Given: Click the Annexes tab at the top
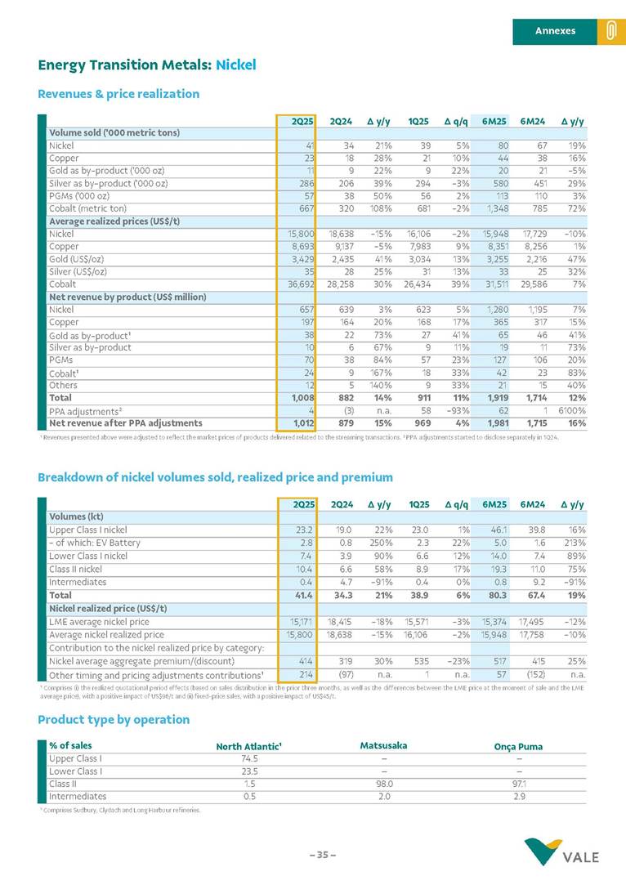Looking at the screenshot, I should [x=555, y=31].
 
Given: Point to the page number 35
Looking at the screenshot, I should [x=322, y=855].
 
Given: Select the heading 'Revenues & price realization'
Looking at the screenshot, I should [x=118, y=94].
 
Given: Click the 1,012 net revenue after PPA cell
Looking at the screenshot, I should [x=298, y=422].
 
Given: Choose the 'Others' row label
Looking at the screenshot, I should [x=64, y=386].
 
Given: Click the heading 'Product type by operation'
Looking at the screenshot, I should [x=114, y=719].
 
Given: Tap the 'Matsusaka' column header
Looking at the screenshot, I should [x=383, y=745].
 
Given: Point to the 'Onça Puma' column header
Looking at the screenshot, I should [x=518, y=746].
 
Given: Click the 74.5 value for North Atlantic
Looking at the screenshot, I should [x=239, y=758].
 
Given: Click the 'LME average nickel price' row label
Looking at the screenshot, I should [x=99, y=622].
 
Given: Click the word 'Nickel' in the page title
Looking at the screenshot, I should [x=235, y=64].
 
